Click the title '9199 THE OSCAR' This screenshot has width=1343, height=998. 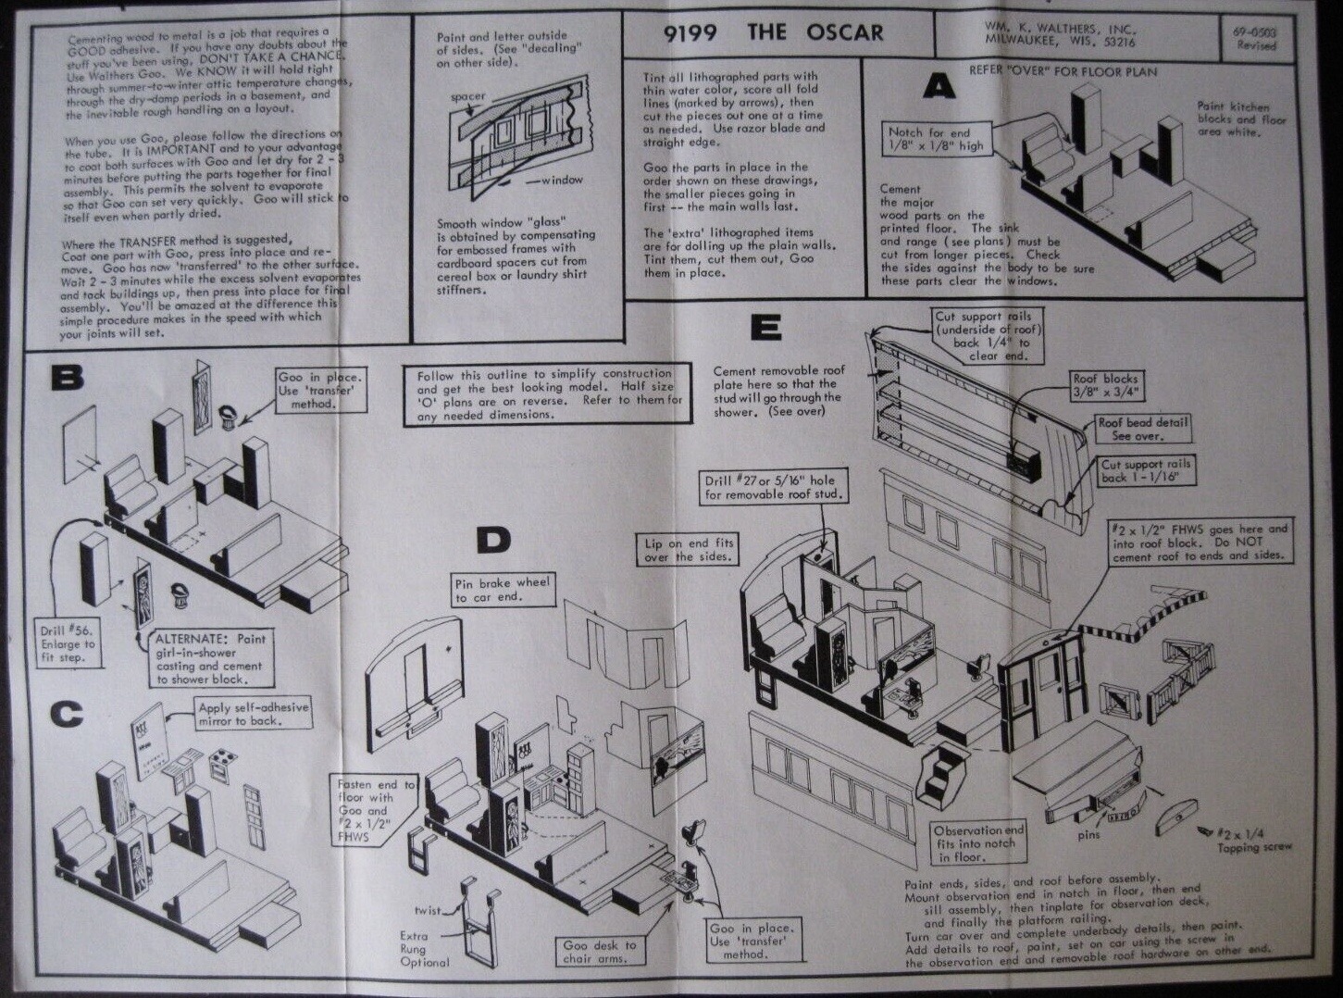click(x=773, y=33)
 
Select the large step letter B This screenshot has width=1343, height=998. click(x=67, y=378)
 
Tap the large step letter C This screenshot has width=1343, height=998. click(x=66, y=714)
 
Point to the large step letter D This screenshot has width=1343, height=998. click(x=492, y=541)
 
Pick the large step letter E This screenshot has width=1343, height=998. click(x=766, y=328)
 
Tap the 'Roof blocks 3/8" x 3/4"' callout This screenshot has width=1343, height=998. click(x=1105, y=384)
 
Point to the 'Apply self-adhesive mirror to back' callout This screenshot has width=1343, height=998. click(x=254, y=714)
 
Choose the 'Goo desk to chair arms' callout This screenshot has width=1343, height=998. click(x=600, y=952)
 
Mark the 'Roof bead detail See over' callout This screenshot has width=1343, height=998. click(x=1142, y=429)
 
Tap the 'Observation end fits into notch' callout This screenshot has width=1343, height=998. click(x=978, y=843)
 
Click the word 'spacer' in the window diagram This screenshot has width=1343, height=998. click(x=467, y=96)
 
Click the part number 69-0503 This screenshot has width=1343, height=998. click(x=1254, y=31)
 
